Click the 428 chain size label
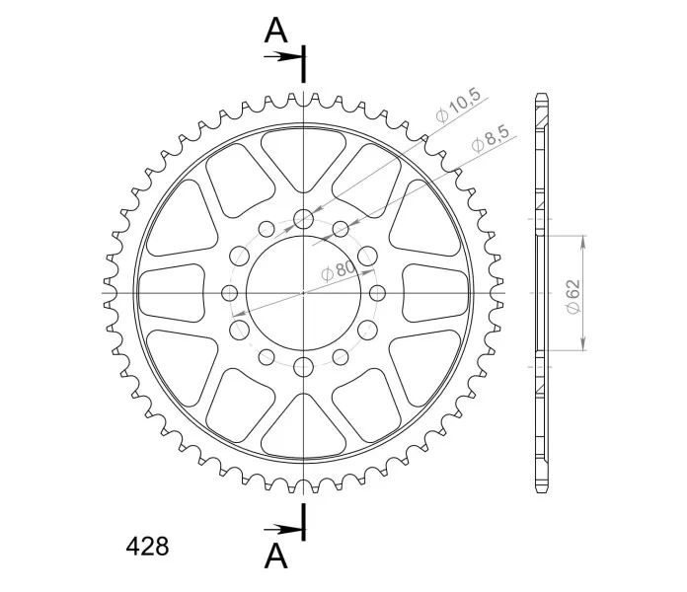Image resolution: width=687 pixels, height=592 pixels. point(147,546)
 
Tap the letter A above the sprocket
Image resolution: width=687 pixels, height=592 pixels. point(276,31)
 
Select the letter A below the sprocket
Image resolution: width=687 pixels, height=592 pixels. point(276,555)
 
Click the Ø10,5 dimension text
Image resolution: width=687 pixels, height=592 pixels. point(458,106)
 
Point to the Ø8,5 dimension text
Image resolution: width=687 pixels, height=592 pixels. point(491,139)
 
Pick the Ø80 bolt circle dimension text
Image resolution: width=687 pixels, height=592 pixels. point(340,270)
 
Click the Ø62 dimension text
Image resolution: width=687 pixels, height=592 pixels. point(573,296)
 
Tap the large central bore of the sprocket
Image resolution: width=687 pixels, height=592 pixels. point(304,293)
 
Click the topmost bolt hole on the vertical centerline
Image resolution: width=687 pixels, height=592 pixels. point(304,219)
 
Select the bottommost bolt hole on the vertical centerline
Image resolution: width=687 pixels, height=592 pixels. point(304,367)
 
